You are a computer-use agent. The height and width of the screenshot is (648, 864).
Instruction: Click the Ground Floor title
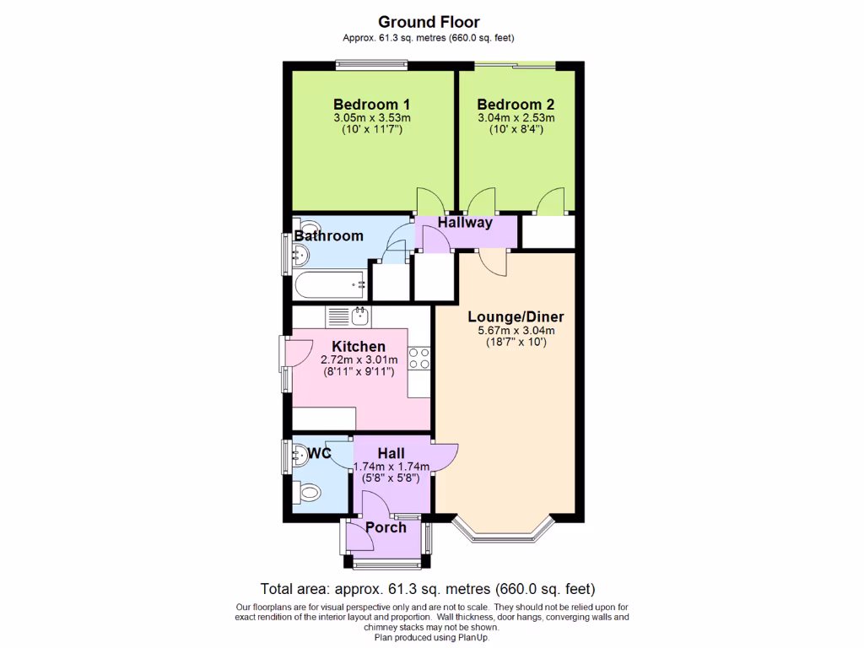click(429, 22)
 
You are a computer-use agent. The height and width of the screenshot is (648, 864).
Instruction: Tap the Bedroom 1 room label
click(371, 105)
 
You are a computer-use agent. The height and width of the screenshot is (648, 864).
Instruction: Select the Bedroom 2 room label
click(516, 105)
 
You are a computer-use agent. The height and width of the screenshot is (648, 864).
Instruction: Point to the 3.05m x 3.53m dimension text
click(371, 118)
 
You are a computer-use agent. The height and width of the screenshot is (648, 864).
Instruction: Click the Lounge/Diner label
click(516, 317)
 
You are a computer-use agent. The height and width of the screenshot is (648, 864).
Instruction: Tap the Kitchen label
click(359, 347)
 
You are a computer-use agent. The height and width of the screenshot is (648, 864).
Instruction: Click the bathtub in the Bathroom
click(330, 284)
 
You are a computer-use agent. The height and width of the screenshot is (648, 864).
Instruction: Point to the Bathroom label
click(329, 236)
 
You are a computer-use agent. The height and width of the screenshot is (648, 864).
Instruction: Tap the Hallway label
click(465, 223)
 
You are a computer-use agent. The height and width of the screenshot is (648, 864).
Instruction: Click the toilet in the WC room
click(309, 492)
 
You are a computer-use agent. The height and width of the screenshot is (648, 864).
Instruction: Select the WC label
click(319, 454)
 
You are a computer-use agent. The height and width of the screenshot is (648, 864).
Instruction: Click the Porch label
click(386, 528)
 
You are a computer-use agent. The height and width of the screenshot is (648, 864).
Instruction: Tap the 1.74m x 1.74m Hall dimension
click(391, 467)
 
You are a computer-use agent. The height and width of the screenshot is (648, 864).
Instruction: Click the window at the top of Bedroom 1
click(371, 64)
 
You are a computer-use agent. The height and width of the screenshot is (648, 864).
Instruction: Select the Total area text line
click(429, 589)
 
